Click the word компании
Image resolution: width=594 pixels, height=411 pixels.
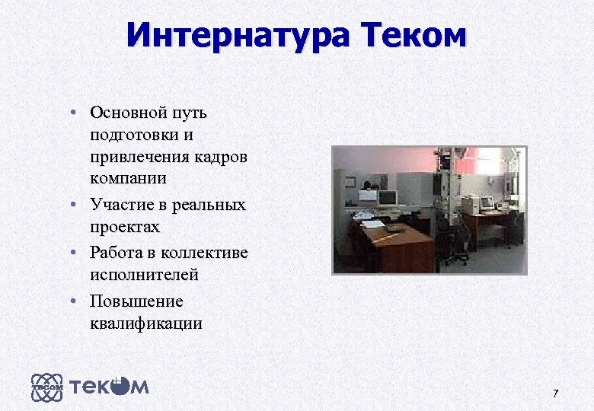pos(127,179)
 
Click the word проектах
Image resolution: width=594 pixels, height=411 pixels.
pos(126,226)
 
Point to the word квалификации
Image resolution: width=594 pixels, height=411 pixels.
pos(145,322)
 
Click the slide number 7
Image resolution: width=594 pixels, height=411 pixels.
pos(555,393)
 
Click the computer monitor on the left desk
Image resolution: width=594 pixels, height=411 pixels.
pos(388,198)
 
